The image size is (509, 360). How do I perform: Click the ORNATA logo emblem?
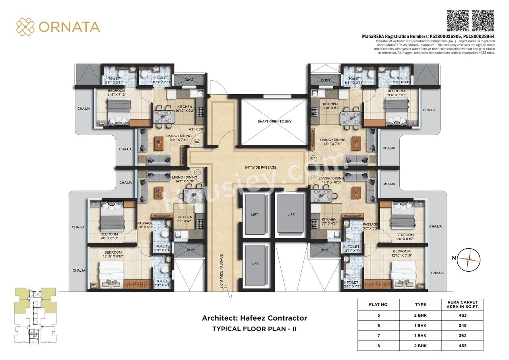(x=25, y=27)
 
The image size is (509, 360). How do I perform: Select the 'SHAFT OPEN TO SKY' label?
(x=274, y=121)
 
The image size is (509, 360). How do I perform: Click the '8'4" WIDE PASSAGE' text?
(x=261, y=167)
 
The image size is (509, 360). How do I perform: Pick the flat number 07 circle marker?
(x=313, y=158)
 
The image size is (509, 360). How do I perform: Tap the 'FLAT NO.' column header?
(x=379, y=305)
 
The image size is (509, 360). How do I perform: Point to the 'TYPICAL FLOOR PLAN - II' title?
(x=254, y=329)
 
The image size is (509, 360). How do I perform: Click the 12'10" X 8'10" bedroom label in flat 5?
(x=113, y=255)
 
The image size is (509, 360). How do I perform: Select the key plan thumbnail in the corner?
(x=35, y=315)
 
